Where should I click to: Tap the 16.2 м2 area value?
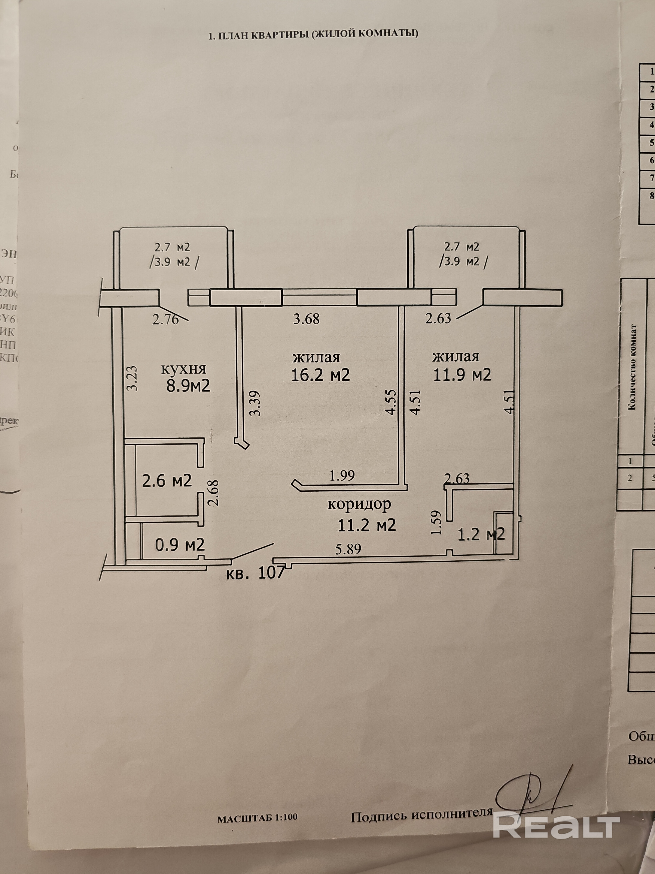(321, 375)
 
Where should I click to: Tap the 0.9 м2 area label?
(180, 545)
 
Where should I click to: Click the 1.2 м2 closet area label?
(481, 534)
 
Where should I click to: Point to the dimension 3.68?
(306, 319)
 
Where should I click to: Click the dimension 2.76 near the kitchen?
(166, 319)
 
